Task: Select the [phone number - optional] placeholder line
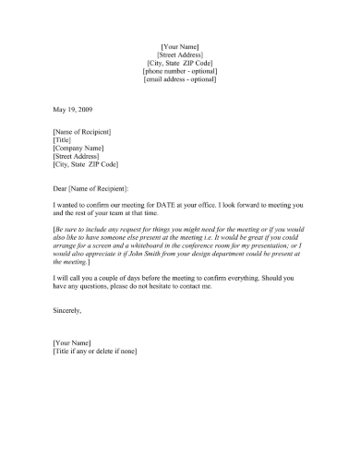pyautogui.click(x=180, y=70)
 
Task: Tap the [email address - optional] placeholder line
pyautogui.click(x=180, y=79)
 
